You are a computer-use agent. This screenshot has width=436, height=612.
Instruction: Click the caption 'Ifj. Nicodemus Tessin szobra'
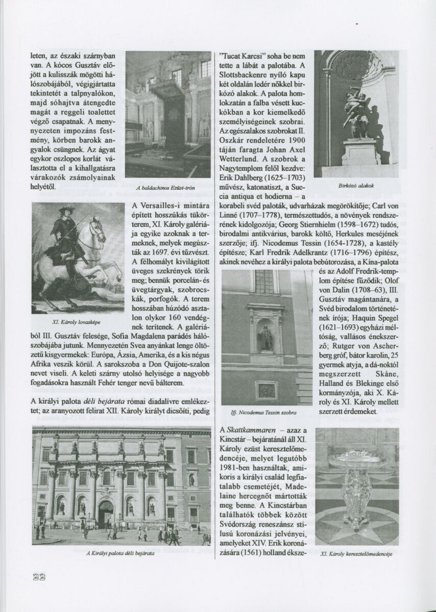[264, 411]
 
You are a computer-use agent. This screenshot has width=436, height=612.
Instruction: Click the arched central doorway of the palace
[106, 513]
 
